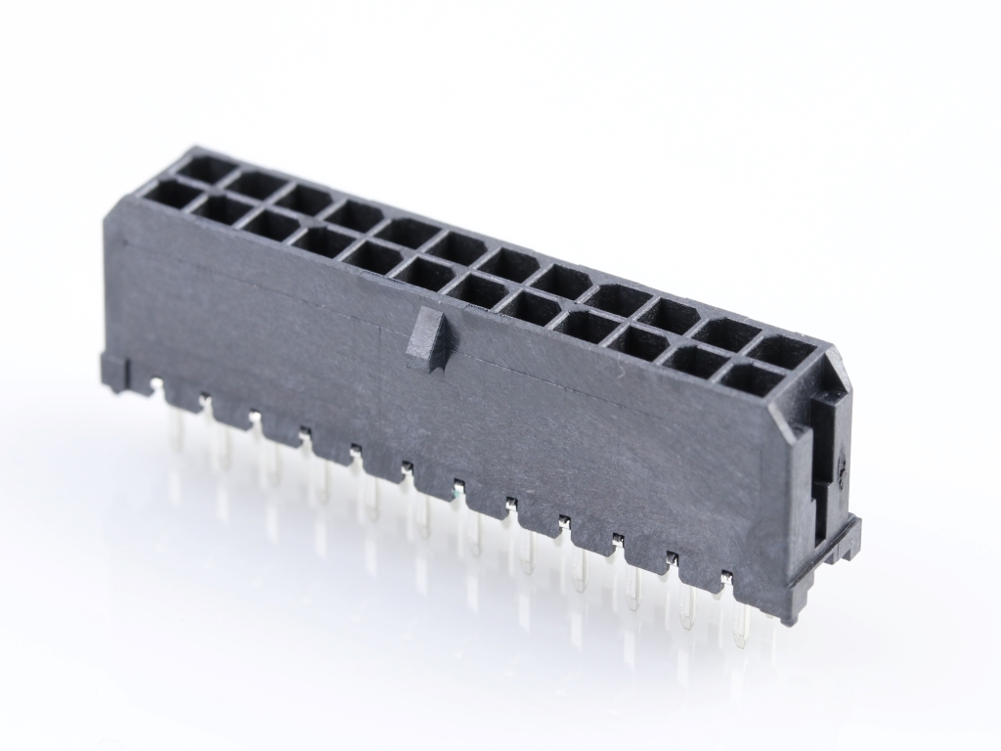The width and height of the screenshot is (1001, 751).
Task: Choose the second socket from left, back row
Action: pyautogui.click(x=259, y=184)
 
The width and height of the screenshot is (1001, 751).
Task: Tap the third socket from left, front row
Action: pyautogui.click(x=270, y=225)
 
